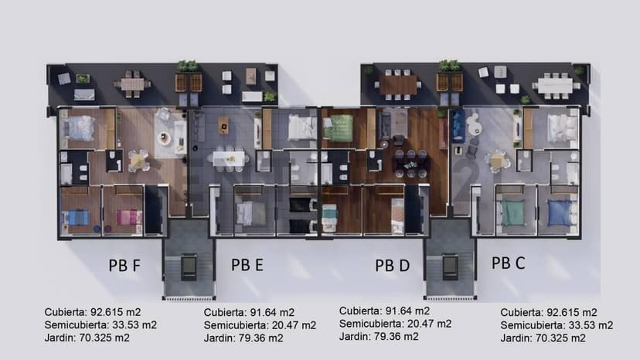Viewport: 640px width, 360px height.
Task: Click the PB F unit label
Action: point(124,265)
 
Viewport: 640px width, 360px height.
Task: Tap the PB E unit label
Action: point(247,264)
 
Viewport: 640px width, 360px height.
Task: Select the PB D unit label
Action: point(392,265)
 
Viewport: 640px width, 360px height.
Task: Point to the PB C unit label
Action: point(508,263)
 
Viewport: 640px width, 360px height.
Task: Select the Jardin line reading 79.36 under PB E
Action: point(243,338)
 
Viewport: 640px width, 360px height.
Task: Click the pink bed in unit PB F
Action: point(128,217)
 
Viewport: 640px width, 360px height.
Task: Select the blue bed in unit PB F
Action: point(77,217)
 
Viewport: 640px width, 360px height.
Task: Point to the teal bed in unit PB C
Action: point(513,212)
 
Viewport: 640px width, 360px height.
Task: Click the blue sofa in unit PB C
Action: point(457,126)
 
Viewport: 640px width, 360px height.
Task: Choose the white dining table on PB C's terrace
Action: point(555,86)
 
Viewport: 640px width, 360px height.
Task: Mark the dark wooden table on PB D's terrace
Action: point(398,85)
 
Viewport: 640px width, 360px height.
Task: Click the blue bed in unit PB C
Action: point(560,212)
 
